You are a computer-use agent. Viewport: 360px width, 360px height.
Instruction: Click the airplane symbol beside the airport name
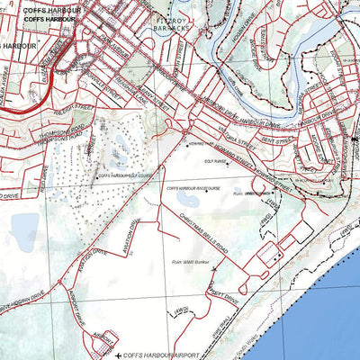(118, 356)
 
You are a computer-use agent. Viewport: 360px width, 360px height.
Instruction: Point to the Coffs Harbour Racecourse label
(193, 188)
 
